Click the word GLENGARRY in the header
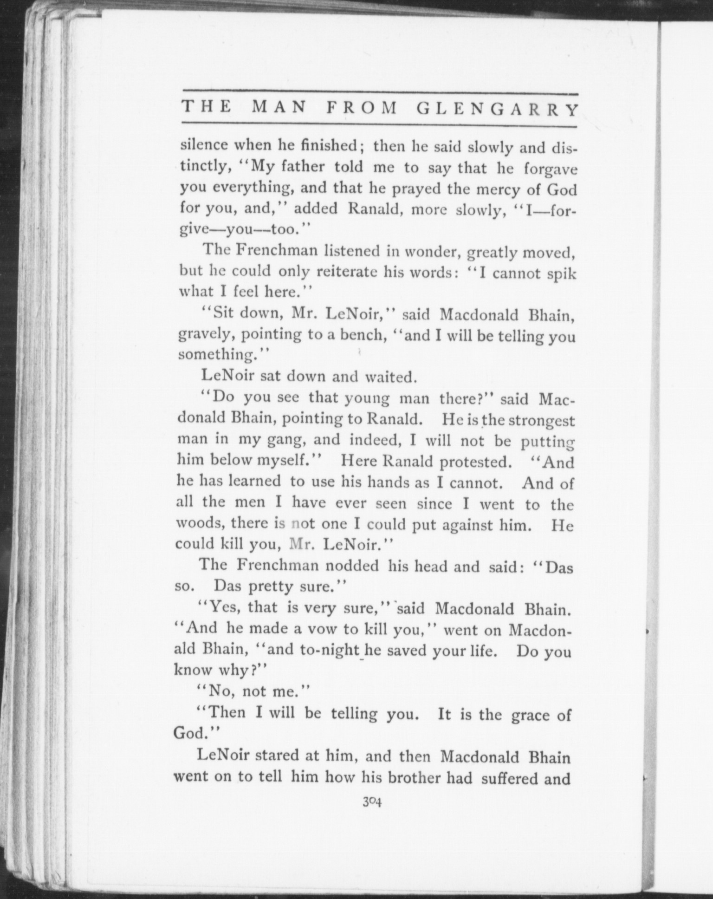(498, 110)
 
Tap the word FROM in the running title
(362, 108)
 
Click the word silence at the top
(204, 145)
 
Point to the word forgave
(551, 169)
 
